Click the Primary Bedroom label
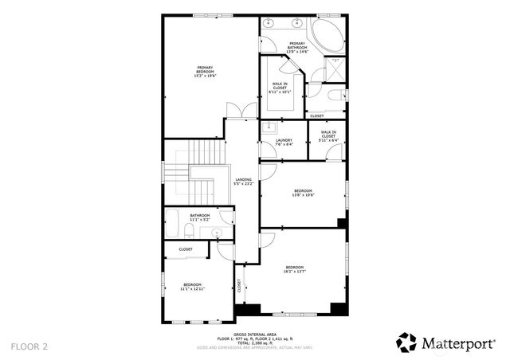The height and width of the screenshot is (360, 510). click(205, 71)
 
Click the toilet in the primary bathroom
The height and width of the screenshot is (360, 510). click(315, 76)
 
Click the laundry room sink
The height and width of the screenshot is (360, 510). click(270, 126)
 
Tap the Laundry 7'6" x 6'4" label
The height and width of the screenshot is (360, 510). click(284, 143)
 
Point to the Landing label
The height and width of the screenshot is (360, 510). click(243, 182)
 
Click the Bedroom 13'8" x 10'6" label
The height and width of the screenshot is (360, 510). click(304, 192)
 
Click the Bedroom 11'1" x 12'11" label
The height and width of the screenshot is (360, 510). click(193, 287)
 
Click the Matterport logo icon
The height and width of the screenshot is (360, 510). click(406, 342)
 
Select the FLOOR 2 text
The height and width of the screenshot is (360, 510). click(29, 346)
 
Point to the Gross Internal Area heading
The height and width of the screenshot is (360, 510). click(254, 335)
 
